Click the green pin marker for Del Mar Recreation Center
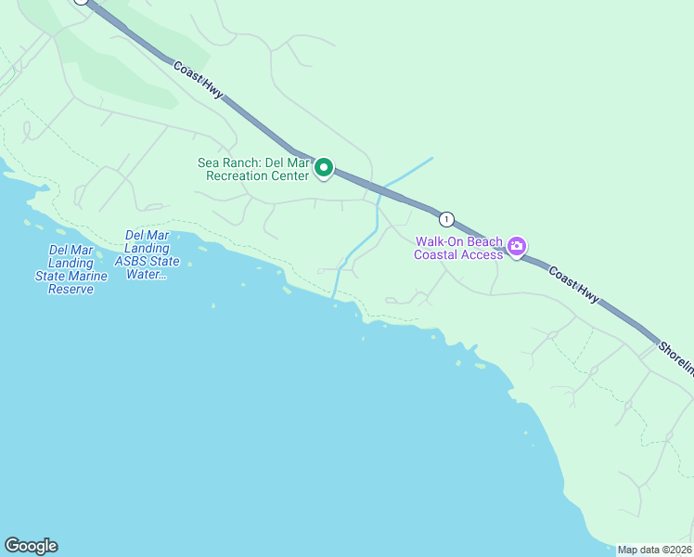click(324, 167)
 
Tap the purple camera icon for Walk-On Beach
click(517, 247)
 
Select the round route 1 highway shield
click(447, 219)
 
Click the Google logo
click(31, 546)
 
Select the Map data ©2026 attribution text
click(654, 550)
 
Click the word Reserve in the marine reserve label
click(71, 290)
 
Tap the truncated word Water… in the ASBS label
click(146, 274)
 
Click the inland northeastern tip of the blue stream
click(431, 158)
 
